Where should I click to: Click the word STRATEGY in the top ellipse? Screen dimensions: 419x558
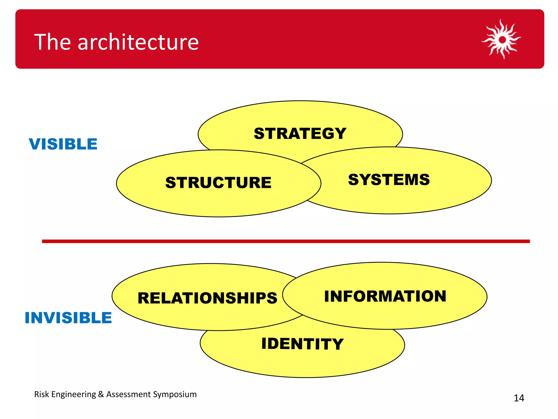pos(300,134)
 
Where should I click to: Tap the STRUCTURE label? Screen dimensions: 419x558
pos(218,182)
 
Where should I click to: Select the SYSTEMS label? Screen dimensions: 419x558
pos(389,180)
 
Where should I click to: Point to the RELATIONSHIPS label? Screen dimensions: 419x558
pos(207,298)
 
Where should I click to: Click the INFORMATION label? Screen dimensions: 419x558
pos(385,296)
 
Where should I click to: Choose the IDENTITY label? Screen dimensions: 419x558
pos(302,344)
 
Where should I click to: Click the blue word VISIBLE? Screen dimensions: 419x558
pos(63,144)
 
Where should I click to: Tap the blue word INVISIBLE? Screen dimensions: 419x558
pos(68,318)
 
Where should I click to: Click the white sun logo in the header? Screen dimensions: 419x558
pos(502,39)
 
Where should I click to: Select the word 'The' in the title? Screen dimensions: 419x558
pos(53,42)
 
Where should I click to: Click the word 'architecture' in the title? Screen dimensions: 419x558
pos(138,42)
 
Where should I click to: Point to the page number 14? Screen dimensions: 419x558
pos(519,398)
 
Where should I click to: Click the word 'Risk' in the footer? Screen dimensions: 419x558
pos(41,394)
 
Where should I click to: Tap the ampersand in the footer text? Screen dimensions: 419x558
pos(101,394)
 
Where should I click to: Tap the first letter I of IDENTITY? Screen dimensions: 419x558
pos(264,343)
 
